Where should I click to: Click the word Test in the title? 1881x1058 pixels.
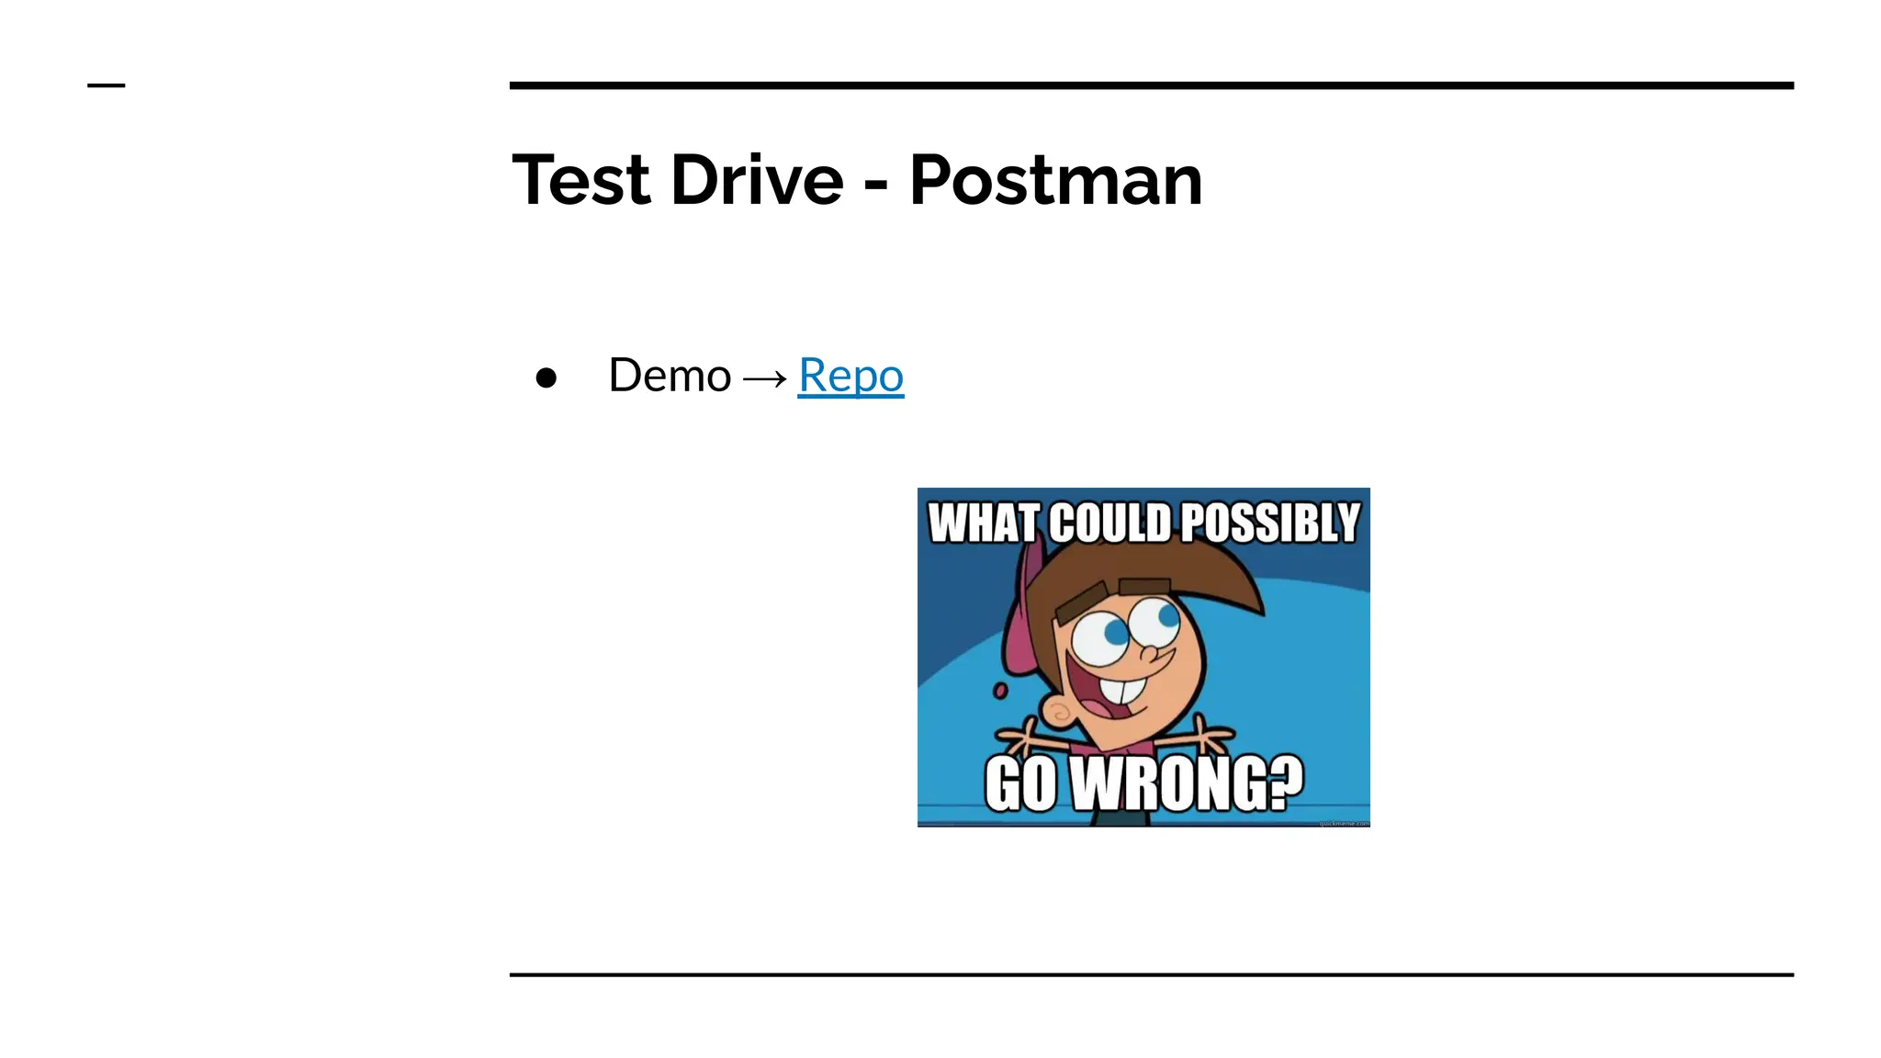click(x=580, y=180)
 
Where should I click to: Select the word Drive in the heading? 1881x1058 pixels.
click(x=757, y=180)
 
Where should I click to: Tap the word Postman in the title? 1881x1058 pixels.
click(x=1055, y=180)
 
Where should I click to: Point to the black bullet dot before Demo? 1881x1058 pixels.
click(x=546, y=377)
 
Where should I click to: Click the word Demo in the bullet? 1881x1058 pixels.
click(x=670, y=376)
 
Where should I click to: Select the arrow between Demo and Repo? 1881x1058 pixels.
click(x=764, y=377)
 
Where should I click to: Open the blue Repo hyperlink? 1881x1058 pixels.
click(x=850, y=376)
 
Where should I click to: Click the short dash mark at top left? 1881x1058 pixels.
click(x=106, y=85)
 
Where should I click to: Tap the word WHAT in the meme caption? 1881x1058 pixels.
click(x=984, y=523)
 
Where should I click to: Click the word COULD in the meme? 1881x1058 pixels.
click(x=1109, y=523)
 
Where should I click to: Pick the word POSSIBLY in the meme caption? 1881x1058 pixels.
click(x=1269, y=523)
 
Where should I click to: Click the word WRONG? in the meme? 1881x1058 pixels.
click(x=1188, y=784)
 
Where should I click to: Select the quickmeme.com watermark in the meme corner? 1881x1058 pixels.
click(x=1343, y=823)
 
